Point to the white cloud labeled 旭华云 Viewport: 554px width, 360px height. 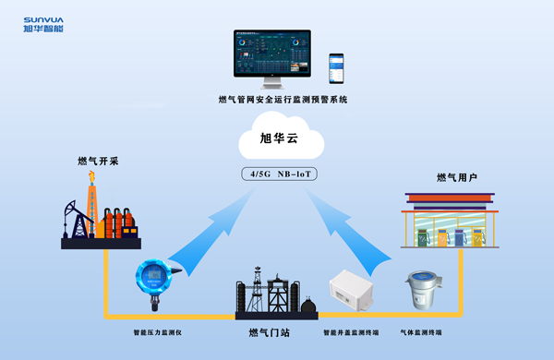281,141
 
